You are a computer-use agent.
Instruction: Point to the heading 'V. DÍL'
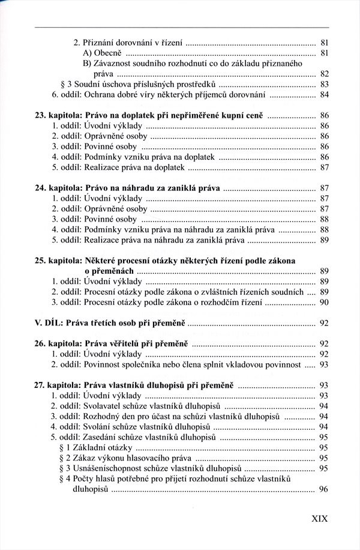[x=50, y=323]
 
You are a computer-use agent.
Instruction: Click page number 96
[x=323, y=489]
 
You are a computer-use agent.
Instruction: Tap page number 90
[x=323, y=303]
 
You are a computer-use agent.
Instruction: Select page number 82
[x=323, y=74]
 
